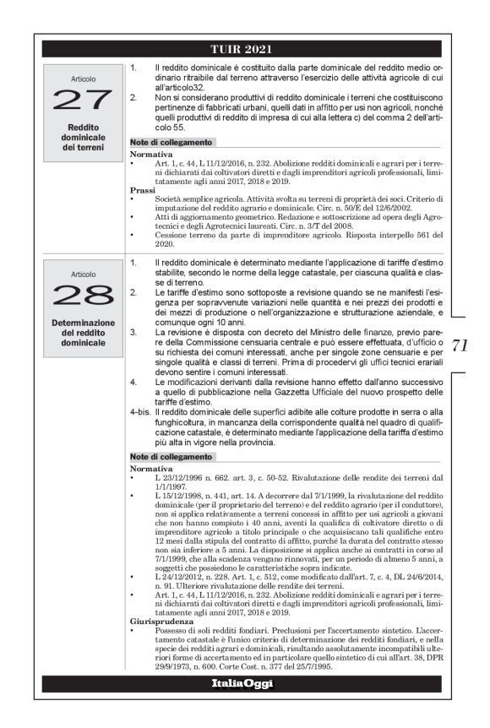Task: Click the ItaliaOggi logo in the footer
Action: [242, 683]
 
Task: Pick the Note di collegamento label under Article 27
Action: [171, 142]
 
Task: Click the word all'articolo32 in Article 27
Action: [179, 87]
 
